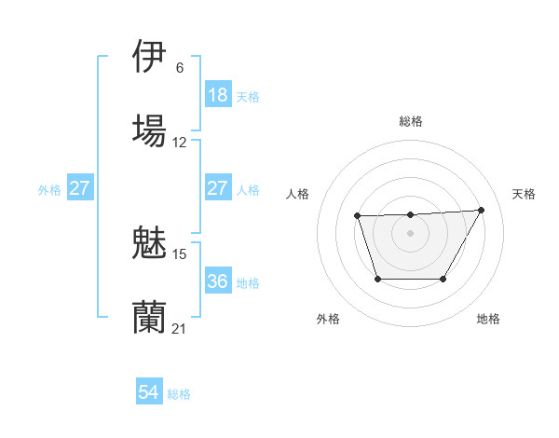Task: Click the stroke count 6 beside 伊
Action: pyautogui.click(x=179, y=68)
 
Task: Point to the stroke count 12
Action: pyautogui.click(x=180, y=143)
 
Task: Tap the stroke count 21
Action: pyautogui.click(x=180, y=329)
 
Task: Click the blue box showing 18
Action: pyautogui.click(x=217, y=95)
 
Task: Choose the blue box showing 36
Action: pyautogui.click(x=217, y=281)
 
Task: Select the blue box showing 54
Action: pyautogui.click(x=149, y=393)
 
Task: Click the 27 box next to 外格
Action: pyautogui.click(x=79, y=188)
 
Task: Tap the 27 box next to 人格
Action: pyautogui.click(x=217, y=188)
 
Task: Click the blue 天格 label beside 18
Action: pyautogui.click(x=248, y=96)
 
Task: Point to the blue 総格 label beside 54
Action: pyautogui.click(x=180, y=394)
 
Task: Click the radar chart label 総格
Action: pyautogui.click(x=410, y=121)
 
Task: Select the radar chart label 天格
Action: pyautogui.click(x=524, y=194)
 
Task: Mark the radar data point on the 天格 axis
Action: pyautogui.click(x=481, y=210)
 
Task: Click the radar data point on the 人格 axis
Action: pyautogui.click(x=358, y=216)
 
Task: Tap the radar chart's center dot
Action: pyautogui.click(x=410, y=233)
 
